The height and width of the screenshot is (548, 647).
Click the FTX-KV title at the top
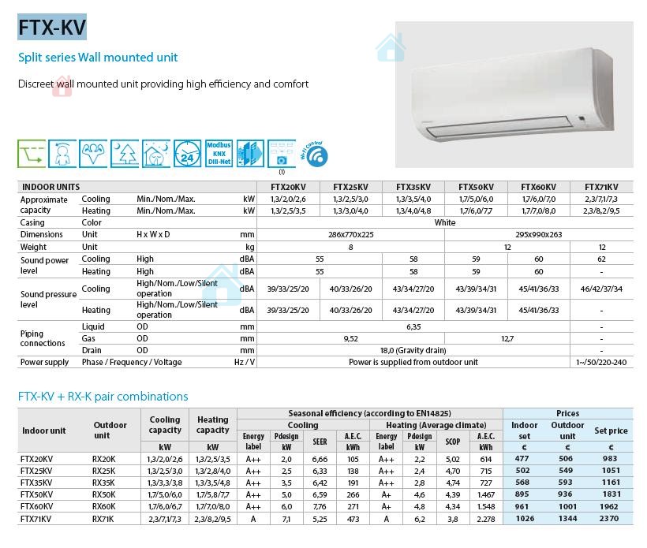tap(52, 27)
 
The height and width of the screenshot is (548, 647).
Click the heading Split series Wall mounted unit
tap(98, 58)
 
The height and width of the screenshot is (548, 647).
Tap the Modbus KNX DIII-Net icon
tap(219, 153)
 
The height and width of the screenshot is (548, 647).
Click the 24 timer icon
tap(188, 154)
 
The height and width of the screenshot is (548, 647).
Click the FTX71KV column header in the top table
tap(601, 187)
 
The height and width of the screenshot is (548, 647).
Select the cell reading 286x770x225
tap(351, 234)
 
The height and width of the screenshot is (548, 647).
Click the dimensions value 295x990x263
tap(538, 234)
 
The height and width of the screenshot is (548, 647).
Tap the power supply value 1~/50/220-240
tap(601, 362)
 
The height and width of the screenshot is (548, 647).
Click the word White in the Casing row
tap(444, 222)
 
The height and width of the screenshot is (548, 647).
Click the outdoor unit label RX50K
tap(103, 494)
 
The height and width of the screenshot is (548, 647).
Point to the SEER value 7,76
tap(320, 506)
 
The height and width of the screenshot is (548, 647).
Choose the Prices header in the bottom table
tap(567, 413)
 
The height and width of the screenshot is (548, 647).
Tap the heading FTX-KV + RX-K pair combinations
tap(103, 396)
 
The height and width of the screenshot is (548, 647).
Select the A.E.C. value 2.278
tap(485, 518)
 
